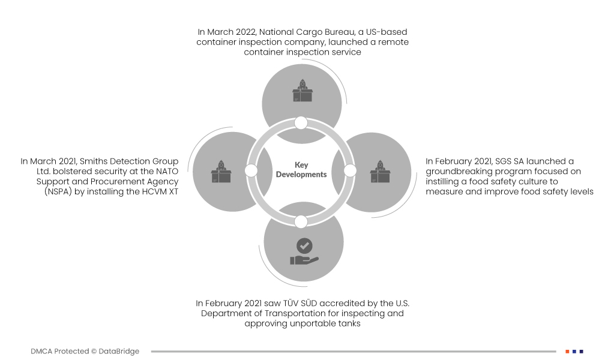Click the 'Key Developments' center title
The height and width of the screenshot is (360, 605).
[301, 170]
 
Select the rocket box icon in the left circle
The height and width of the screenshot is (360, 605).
[221, 171]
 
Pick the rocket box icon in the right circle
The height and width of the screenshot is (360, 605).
[381, 171]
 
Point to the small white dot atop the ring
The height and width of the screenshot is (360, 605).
[301, 123]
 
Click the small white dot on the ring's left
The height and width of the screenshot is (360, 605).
[251, 170]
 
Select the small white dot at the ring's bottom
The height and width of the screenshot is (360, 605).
[301, 221]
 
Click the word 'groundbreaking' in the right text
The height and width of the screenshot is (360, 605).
[457, 171]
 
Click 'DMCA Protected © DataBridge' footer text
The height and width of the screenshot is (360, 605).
[85, 351]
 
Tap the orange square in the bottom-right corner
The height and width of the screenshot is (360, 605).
[567, 351]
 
